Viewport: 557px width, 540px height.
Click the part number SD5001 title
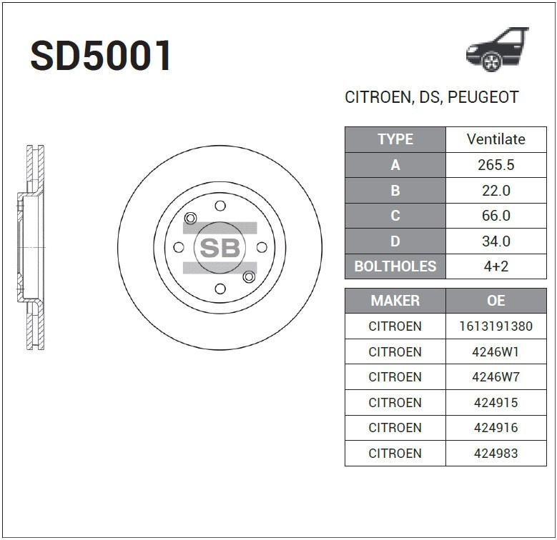coord(101,56)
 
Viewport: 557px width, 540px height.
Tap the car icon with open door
coord(496,49)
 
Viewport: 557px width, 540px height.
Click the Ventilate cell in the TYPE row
coord(496,139)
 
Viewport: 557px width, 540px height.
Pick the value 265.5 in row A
coord(496,165)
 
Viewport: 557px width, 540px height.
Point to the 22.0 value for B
coord(496,191)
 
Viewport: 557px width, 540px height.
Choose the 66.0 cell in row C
coord(496,216)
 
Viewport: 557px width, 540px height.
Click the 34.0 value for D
coord(496,241)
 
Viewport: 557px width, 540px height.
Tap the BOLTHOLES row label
coord(395,266)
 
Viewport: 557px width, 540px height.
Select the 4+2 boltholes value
coord(496,266)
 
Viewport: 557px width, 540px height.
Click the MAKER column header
coord(395,301)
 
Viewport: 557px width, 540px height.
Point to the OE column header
coord(496,301)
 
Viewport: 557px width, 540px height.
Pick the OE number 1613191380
coord(496,326)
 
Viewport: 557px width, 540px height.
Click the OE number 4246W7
coord(496,377)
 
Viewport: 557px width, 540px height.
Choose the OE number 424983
coord(496,453)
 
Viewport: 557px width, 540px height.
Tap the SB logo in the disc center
coord(220,248)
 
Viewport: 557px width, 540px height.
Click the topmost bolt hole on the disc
coord(220,206)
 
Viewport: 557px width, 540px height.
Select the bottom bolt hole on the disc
coord(220,289)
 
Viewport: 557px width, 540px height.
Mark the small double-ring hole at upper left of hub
coord(190,218)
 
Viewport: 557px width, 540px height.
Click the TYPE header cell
coord(395,139)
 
